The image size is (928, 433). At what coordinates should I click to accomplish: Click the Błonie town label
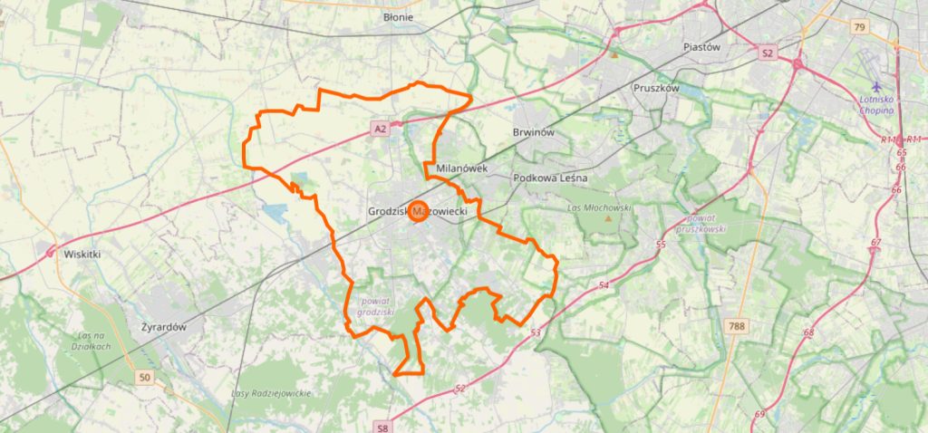point(398,17)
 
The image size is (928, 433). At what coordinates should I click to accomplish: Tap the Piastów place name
point(700,47)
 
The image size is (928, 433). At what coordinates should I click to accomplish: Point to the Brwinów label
point(533,132)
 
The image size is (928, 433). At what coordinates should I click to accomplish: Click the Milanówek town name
point(462,168)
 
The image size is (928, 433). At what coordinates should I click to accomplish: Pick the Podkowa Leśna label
point(550,178)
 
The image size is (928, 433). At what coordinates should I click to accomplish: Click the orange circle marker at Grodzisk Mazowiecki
point(419,211)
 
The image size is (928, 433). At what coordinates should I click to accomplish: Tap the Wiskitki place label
point(82,255)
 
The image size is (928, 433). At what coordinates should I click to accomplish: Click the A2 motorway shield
point(381,130)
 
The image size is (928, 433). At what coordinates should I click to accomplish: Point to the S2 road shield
point(768,53)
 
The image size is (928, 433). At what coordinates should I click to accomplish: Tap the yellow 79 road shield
point(859,28)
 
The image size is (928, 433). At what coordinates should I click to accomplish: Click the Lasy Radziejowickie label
point(271,392)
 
